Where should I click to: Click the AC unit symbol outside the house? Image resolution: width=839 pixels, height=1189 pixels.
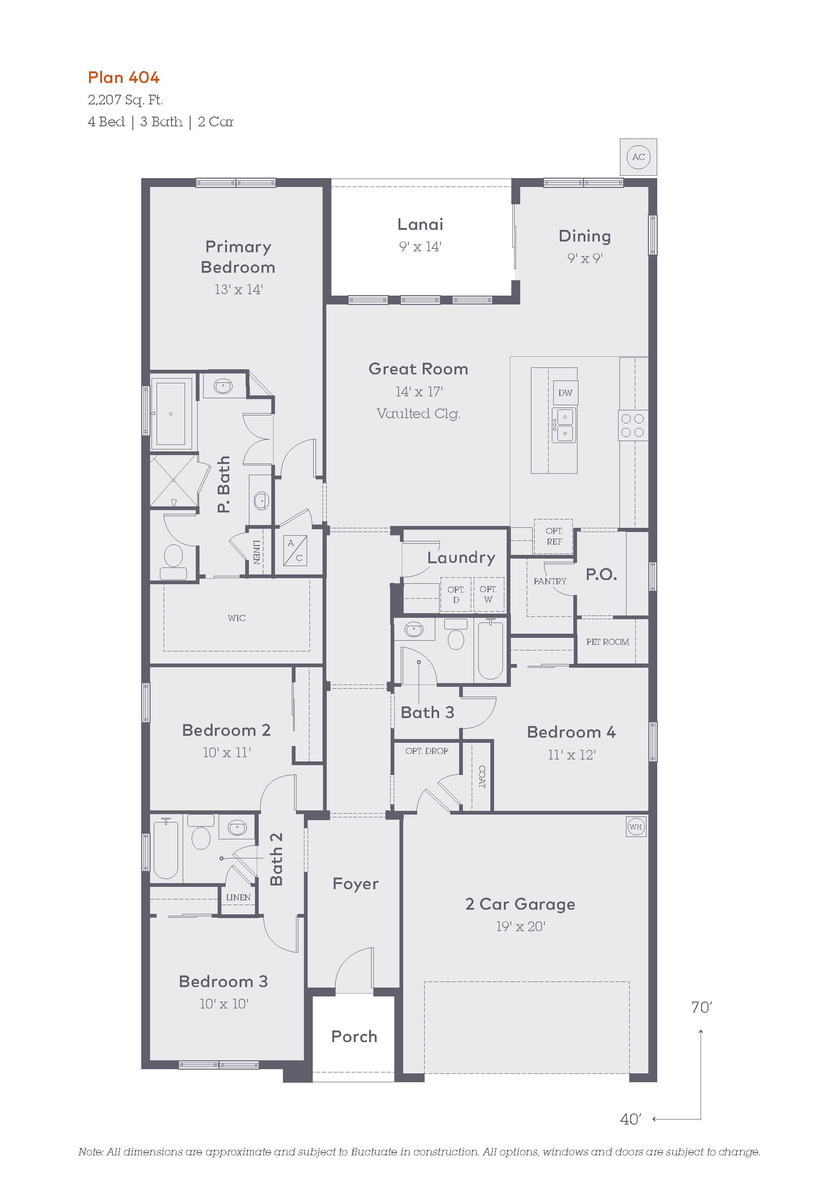638,157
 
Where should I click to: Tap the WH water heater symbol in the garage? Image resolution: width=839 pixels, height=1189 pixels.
636,827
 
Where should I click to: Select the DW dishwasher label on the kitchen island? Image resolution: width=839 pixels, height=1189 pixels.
565,393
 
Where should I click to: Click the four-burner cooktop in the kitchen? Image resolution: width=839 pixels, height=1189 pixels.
633,425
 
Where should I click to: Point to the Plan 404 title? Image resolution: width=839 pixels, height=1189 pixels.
124,78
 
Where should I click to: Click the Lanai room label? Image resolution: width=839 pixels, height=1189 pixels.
420,224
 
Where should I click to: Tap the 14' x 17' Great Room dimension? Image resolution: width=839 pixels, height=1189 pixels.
419,392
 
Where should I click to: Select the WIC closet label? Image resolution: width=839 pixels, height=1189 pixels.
236,618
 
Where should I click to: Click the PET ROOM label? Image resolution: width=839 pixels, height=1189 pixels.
608,642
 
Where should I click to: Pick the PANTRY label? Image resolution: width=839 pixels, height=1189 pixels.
550,581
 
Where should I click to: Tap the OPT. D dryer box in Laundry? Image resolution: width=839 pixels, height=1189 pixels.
455,594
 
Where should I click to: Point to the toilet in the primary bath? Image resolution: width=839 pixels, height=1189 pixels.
173,561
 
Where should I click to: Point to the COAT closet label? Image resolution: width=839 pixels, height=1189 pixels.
482,776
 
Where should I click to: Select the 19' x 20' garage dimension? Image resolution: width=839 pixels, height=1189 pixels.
521,926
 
